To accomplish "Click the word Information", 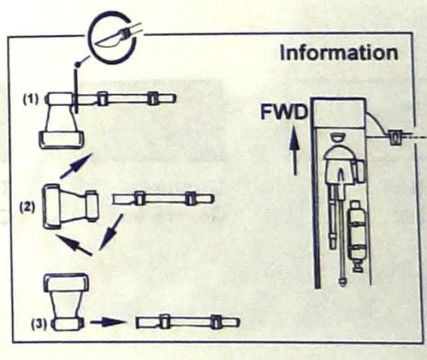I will click(339, 52).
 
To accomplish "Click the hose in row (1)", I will click(127, 100).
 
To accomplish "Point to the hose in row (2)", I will click(163, 199).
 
